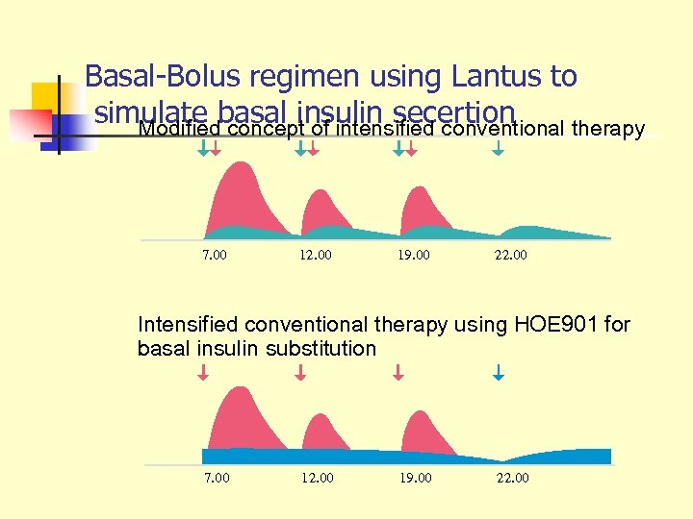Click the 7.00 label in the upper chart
(x=215, y=256)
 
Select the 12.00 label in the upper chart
(x=316, y=256)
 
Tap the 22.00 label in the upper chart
(x=511, y=256)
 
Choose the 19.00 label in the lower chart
(x=416, y=478)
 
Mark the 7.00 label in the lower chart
(x=217, y=478)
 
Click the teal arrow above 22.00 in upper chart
(x=498, y=149)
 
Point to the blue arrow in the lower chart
(x=499, y=371)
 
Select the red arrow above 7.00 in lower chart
(x=203, y=371)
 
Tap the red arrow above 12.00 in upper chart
(x=313, y=149)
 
